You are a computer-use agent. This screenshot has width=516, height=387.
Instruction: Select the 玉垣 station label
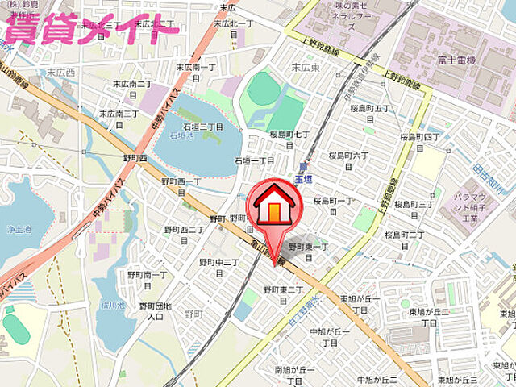point(302,178)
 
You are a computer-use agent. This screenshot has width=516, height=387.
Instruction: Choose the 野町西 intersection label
point(135,158)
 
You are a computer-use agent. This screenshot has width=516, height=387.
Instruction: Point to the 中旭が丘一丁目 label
point(328,336)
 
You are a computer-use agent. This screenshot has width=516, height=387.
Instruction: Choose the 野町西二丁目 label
point(184,234)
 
